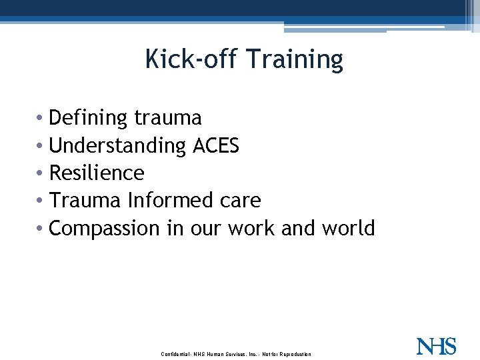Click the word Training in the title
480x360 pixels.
tap(294, 61)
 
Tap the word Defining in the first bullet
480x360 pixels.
tap(88, 118)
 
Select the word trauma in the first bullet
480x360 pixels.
tap(167, 118)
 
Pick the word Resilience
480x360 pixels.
tap(97, 173)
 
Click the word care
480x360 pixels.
tap(240, 201)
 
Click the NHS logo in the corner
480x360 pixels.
tap(436, 346)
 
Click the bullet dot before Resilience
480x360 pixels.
tap(43, 173)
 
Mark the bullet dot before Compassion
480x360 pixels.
tap(43, 229)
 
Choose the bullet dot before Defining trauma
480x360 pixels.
tap(43, 119)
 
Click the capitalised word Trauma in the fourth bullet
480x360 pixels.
tap(85, 200)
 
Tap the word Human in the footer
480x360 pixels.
tap(217, 354)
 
